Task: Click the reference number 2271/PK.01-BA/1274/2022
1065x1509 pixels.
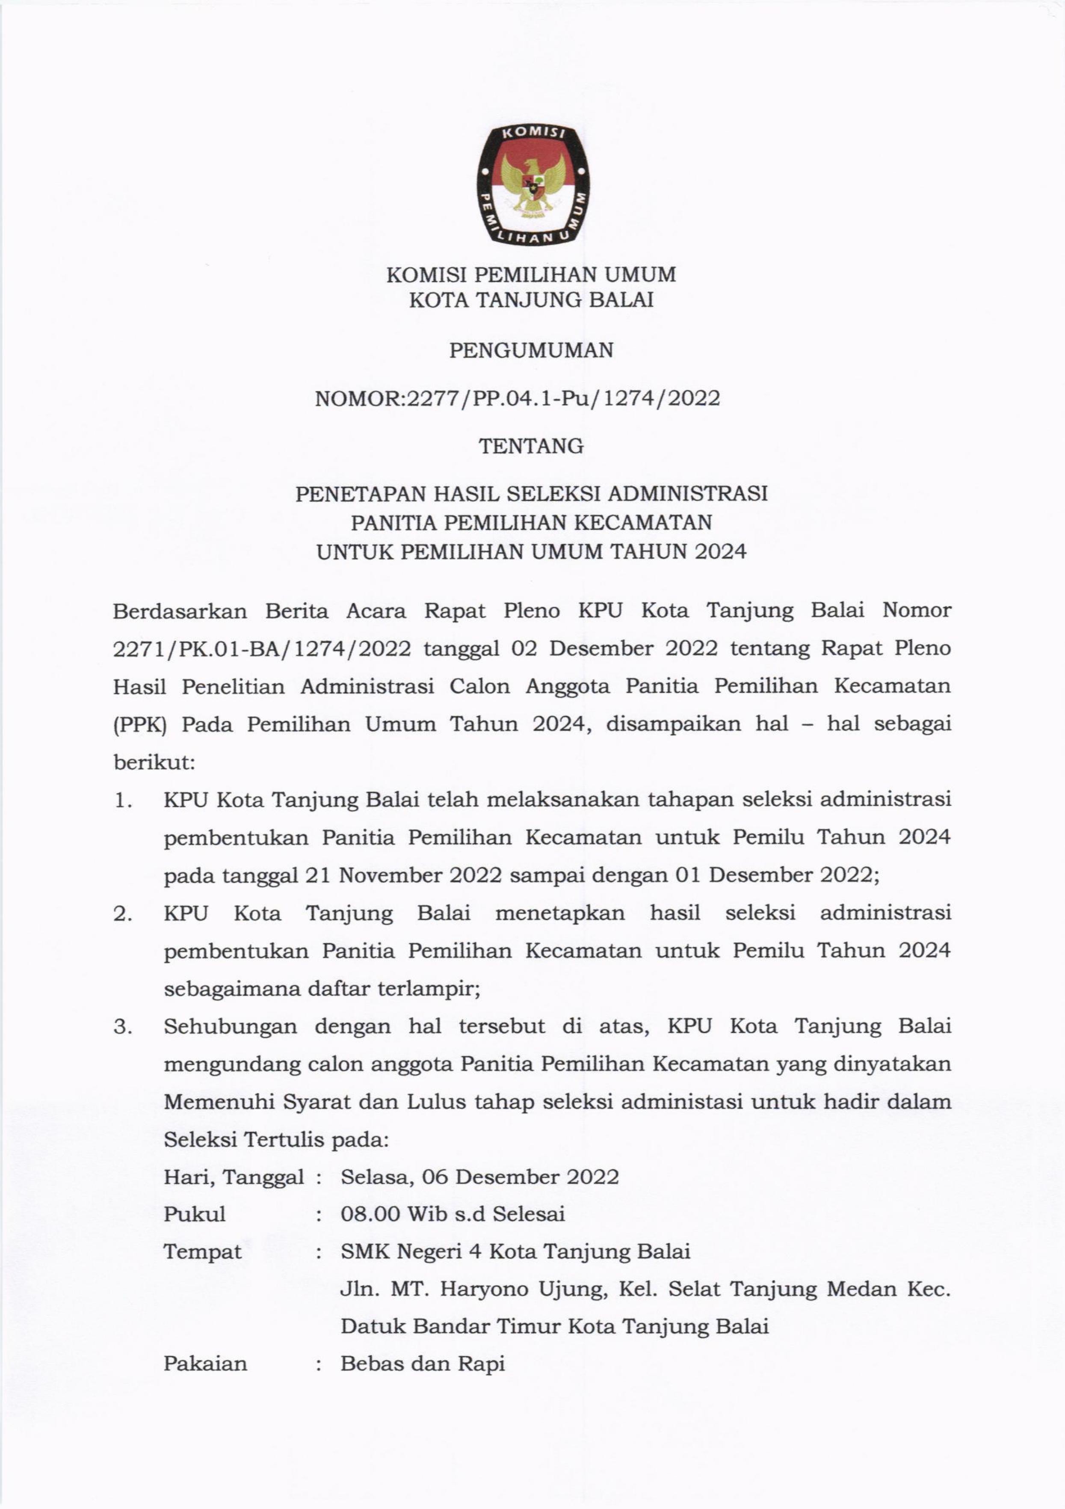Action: pos(262,649)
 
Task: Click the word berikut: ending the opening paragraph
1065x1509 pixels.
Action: pos(154,762)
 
